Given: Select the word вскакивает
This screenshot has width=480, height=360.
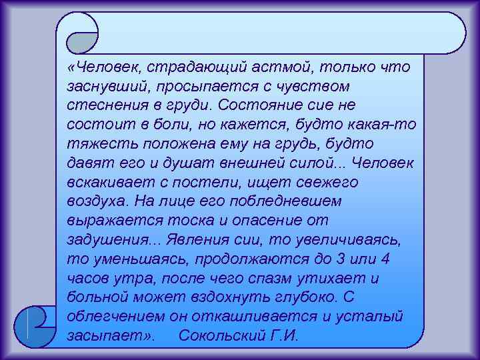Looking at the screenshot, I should click(x=105, y=182).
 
